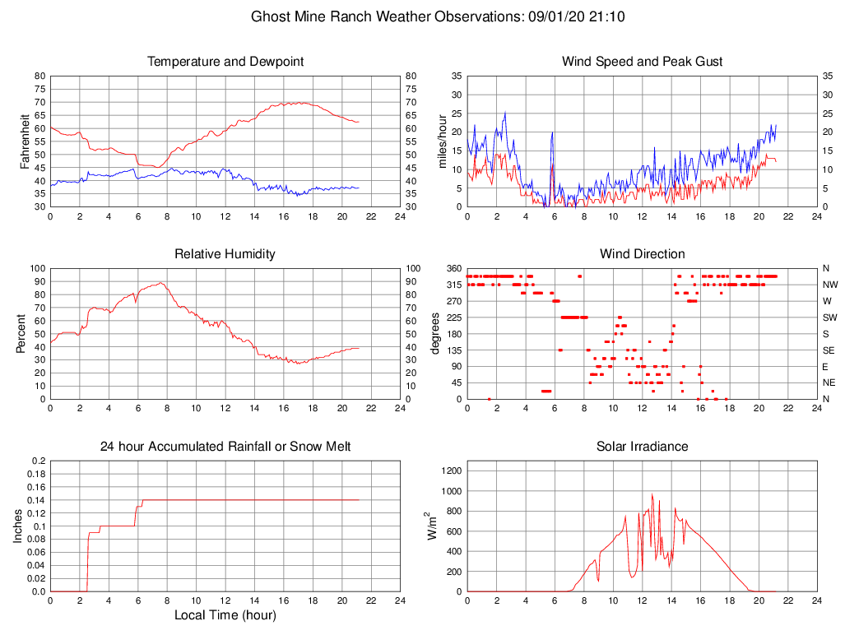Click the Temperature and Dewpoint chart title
pyautogui.click(x=225, y=62)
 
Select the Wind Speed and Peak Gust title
pyautogui.click(x=642, y=62)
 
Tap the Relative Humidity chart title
pyautogui.click(x=225, y=254)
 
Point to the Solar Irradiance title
pyautogui.click(x=642, y=447)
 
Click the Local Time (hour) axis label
pyautogui.click(x=225, y=615)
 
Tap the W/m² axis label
pyautogui.click(x=432, y=526)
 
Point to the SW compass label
pyautogui.click(x=830, y=317)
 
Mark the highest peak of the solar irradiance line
pyautogui.click(x=652, y=494)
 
